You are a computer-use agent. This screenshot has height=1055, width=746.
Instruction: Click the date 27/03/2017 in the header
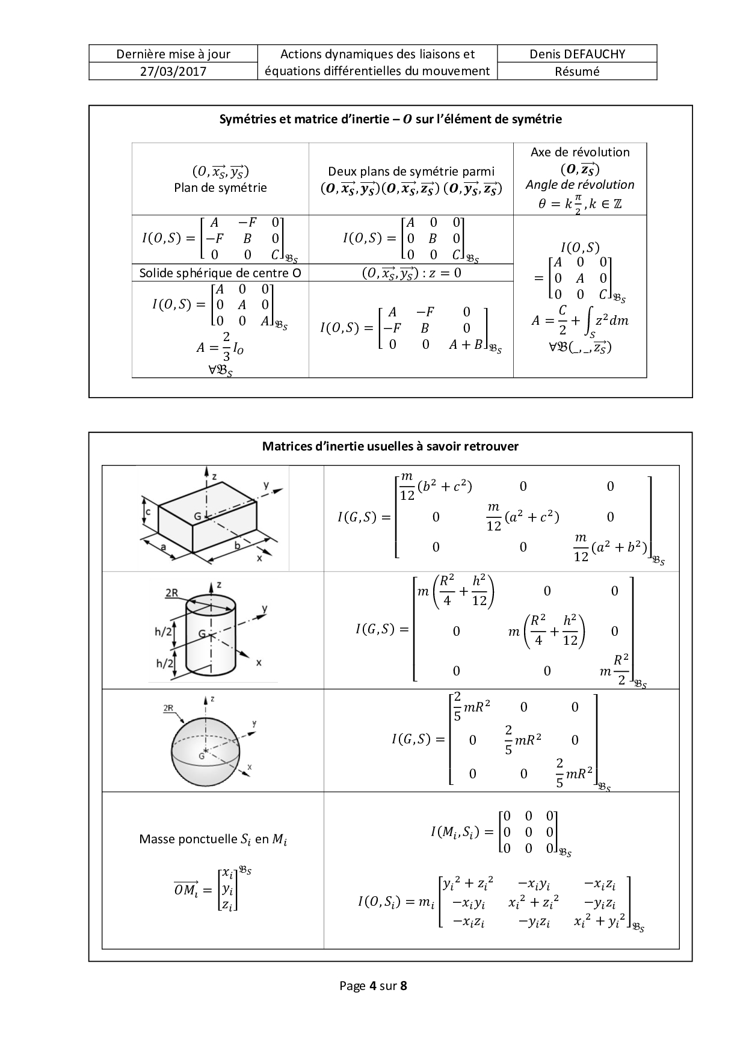click(x=173, y=72)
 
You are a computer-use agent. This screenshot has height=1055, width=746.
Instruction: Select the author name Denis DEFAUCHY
click(x=577, y=54)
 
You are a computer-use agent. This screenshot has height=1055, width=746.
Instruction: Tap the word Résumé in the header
click(x=577, y=72)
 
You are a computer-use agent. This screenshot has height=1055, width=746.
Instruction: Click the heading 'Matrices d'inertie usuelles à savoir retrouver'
click(x=390, y=446)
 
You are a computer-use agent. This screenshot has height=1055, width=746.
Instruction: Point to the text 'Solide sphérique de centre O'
click(x=220, y=273)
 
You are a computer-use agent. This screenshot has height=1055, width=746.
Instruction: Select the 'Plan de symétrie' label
click(x=220, y=188)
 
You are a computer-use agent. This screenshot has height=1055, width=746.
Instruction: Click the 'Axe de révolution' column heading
click(x=580, y=152)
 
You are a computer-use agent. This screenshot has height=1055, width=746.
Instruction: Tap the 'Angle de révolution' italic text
click(x=580, y=185)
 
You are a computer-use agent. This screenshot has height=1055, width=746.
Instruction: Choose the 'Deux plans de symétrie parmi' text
click(x=412, y=171)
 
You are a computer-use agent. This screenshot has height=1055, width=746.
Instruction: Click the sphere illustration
click(x=205, y=748)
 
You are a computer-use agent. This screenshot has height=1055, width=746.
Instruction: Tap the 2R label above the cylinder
click(x=171, y=593)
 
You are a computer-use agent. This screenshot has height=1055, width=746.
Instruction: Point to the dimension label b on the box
click(x=237, y=546)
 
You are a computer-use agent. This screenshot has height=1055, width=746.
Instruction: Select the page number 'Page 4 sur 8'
click(x=373, y=986)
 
